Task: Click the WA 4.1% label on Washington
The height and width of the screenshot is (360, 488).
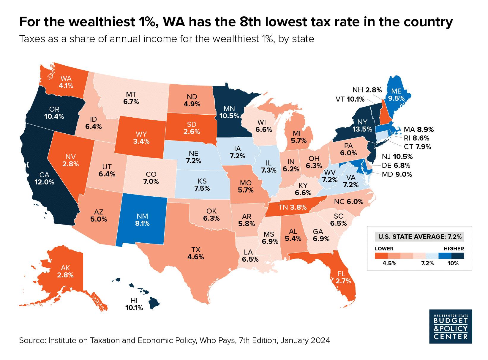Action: pos(66,82)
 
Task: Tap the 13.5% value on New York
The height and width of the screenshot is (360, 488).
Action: pos(362,129)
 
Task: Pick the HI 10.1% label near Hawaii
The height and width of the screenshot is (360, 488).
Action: pos(134,304)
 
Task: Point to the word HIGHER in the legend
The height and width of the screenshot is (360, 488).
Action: pos(454,249)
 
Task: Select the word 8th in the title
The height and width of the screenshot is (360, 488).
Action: pos(253,23)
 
